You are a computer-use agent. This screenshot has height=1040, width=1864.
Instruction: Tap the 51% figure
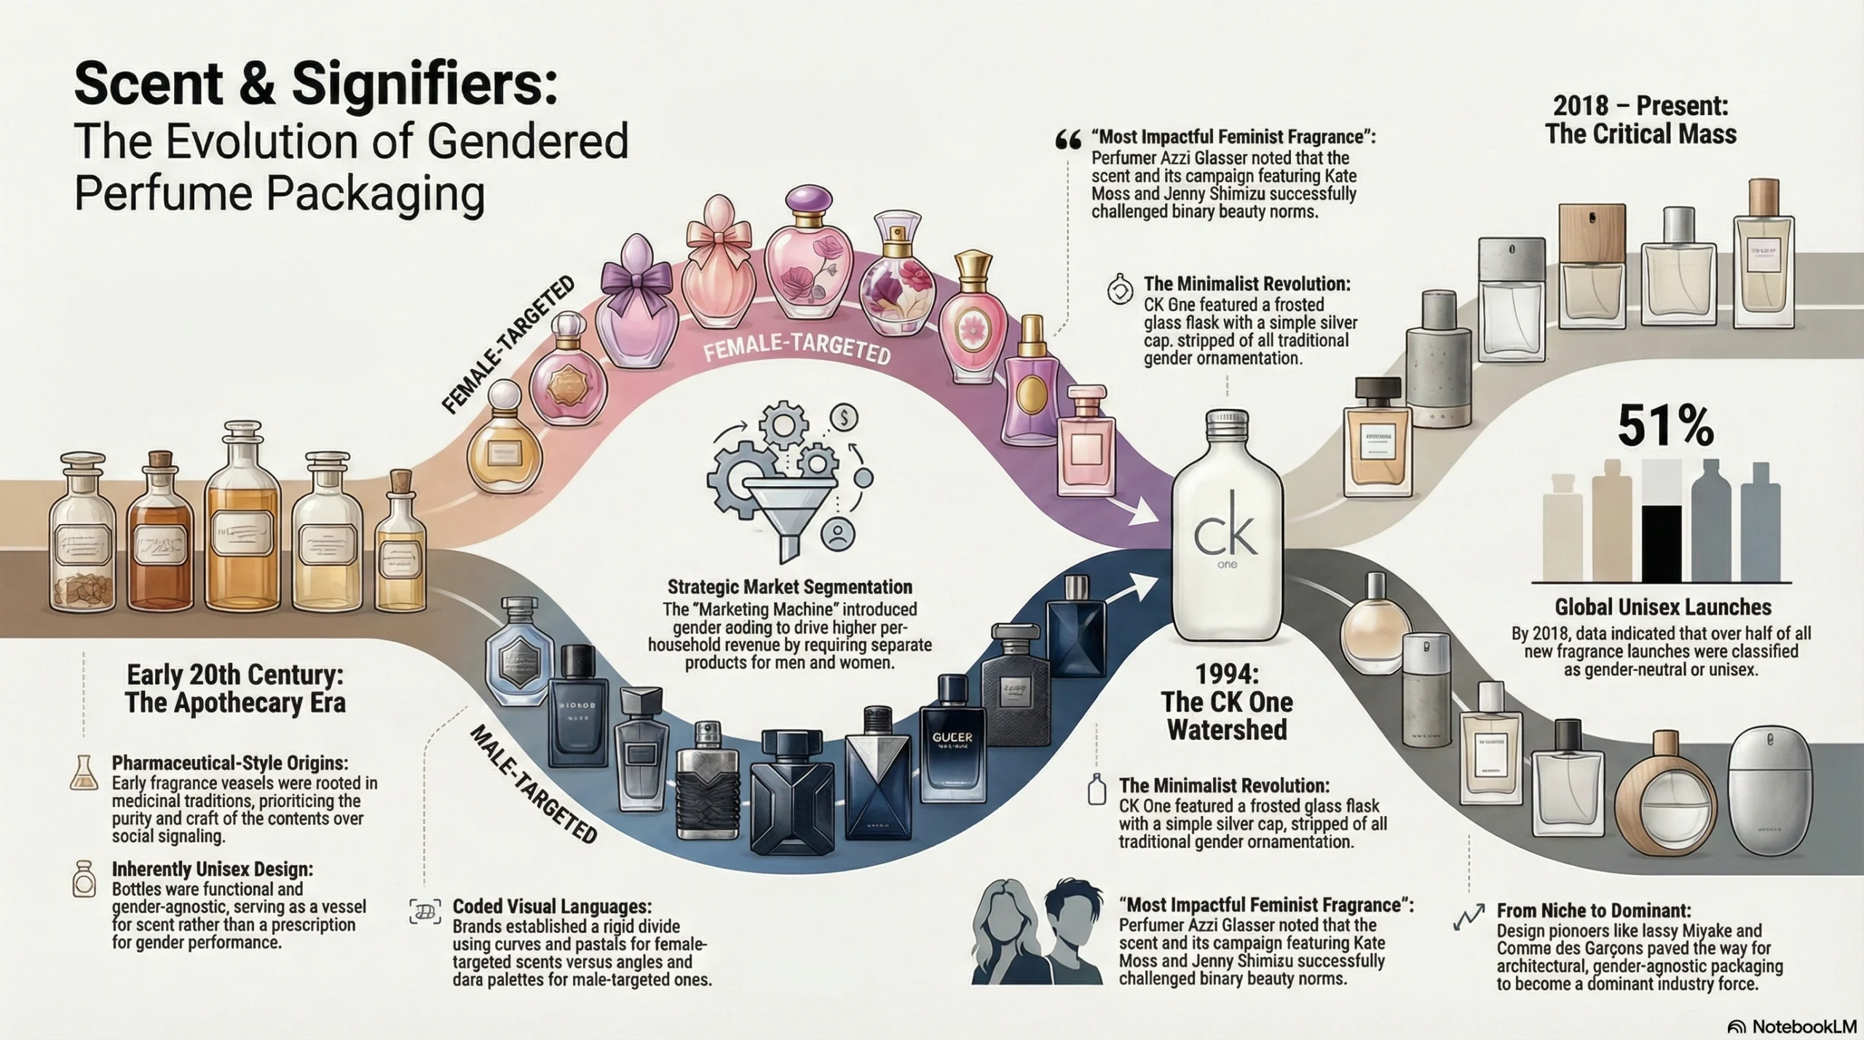pos(1665,427)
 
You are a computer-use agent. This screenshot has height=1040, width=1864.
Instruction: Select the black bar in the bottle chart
pos(1661,541)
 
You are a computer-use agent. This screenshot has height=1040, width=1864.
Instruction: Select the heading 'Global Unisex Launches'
pos(1663,608)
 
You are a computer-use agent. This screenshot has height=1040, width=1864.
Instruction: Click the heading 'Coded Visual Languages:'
pos(552,907)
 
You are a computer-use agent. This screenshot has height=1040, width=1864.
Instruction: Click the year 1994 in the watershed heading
pos(1227,673)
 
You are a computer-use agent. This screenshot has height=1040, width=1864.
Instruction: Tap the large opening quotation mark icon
pos(1067,140)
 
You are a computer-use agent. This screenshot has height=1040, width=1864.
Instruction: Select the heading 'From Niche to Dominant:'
pos(1594,910)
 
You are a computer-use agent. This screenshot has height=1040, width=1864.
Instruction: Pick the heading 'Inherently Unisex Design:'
pos(213,869)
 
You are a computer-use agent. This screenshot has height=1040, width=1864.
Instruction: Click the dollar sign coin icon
pos(844,418)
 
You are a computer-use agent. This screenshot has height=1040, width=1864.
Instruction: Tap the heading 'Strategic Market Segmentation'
pos(789,587)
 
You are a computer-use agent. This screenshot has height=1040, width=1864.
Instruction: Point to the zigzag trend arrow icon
pos(1468,917)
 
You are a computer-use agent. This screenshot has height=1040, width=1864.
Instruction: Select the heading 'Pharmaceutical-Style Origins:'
pos(230,763)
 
